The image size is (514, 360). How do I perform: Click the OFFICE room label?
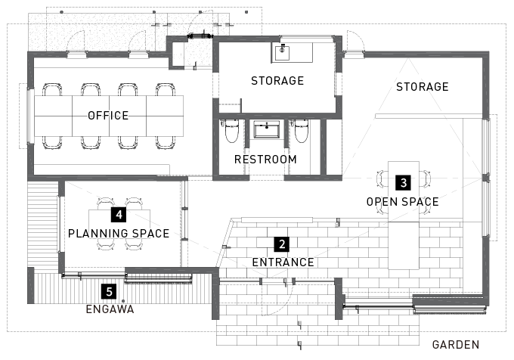[x=108, y=116]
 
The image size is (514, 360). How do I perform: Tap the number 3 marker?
[x=403, y=182]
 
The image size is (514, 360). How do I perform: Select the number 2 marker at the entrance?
[x=282, y=244]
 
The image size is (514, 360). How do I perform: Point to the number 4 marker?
[x=119, y=215]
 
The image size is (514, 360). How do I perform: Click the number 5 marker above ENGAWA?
[x=109, y=291]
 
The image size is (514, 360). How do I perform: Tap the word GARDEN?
[x=456, y=345]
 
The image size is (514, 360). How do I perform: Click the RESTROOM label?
[x=265, y=160]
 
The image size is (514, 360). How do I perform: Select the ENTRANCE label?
[x=283, y=262]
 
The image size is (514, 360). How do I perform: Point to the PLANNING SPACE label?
[x=119, y=234]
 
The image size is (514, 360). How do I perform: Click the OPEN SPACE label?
[x=403, y=202]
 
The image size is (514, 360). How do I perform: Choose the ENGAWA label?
[x=110, y=309]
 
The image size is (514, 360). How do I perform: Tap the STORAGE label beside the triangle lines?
[x=423, y=87]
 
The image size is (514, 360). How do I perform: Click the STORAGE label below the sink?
[x=277, y=81]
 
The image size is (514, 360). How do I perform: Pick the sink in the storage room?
[x=282, y=53]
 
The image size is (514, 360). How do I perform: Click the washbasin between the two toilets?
[x=267, y=129]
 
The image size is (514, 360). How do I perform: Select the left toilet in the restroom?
[x=232, y=131]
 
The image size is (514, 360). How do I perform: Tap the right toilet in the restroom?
[x=302, y=131]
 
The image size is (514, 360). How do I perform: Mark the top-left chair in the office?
[x=52, y=89]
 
